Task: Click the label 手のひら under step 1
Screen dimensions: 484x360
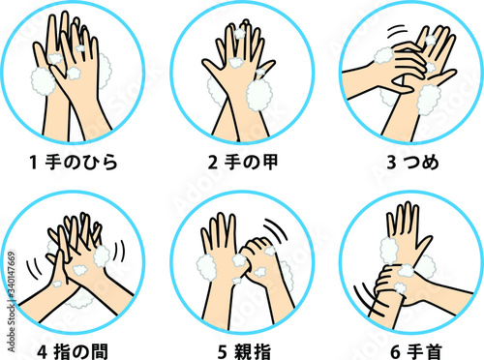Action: pos(81,162)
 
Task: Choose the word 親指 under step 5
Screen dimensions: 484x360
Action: pos(253,351)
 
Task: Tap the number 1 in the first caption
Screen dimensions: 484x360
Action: pos(34,163)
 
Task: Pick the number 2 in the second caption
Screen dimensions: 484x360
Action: pos(213,163)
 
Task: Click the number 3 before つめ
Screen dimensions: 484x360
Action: pos(391,163)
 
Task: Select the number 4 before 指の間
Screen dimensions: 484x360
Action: pos(43,352)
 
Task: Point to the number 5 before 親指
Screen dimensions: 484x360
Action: pos(223,352)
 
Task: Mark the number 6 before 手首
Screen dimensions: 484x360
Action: pos(396,352)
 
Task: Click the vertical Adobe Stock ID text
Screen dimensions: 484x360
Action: pos(11,302)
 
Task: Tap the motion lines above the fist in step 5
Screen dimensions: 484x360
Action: pos(277,229)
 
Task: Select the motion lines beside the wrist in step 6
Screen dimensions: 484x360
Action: pos(371,301)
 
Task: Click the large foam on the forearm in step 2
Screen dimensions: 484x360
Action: pos(259,95)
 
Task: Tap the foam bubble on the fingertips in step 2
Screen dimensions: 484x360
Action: pos(240,33)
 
